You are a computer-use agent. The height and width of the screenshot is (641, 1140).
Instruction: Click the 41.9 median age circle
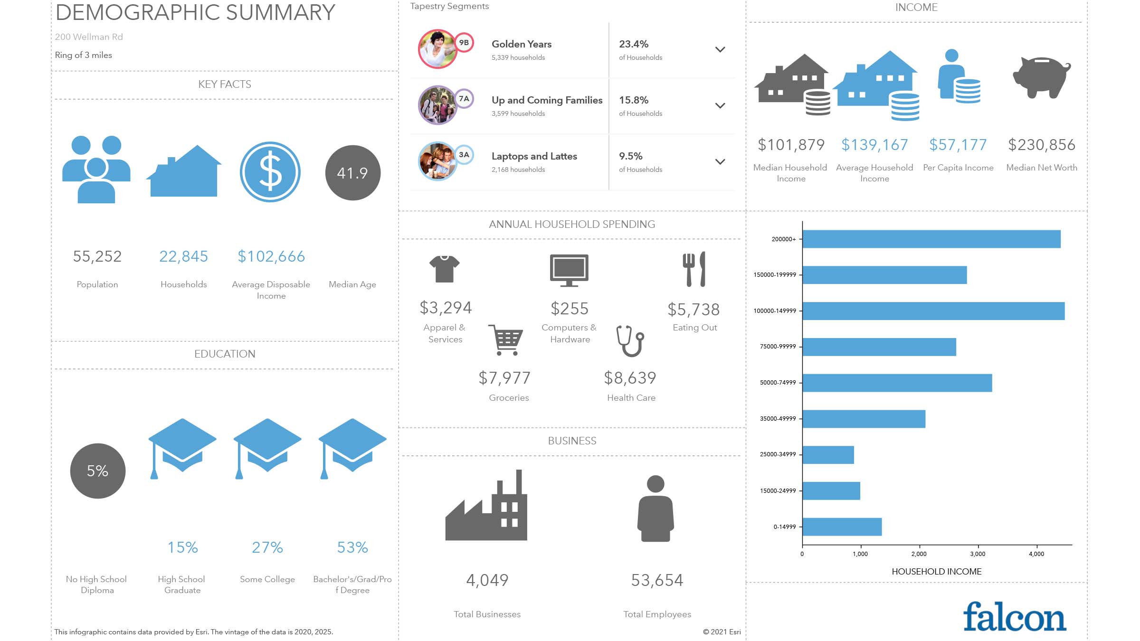click(x=352, y=173)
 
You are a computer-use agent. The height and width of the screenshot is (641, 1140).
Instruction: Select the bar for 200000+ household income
click(x=931, y=239)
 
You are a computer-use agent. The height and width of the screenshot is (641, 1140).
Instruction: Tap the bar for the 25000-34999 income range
click(x=828, y=455)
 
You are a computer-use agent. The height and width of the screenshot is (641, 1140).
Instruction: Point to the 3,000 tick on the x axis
click(x=978, y=554)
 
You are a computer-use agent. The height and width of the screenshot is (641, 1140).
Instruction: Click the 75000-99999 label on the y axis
click(x=778, y=347)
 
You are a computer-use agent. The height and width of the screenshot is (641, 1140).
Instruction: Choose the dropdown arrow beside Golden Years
click(x=720, y=49)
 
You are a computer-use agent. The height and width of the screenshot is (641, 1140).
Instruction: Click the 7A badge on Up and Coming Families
click(x=464, y=99)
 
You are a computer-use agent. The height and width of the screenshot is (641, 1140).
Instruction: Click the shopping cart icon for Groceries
click(x=506, y=339)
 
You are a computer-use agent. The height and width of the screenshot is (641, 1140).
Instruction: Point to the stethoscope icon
click(x=630, y=340)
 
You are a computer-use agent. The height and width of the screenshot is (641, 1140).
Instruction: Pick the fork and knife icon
click(x=694, y=269)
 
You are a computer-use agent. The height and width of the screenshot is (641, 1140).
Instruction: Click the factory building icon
click(x=486, y=506)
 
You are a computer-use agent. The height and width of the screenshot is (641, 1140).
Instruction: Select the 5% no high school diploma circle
click(x=98, y=471)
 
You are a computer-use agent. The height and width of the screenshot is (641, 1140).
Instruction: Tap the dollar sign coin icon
click(x=270, y=172)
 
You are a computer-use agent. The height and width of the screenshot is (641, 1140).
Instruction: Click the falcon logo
click(x=1015, y=617)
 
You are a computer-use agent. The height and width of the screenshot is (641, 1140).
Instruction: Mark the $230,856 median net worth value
click(x=1042, y=145)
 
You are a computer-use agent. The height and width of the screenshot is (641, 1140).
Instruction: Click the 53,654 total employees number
click(x=657, y=580)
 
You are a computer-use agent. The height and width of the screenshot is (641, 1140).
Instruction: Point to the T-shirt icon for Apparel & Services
click(x=445, y=269)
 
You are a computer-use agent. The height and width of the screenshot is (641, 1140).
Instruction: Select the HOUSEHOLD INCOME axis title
click(x=936, y=572)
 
